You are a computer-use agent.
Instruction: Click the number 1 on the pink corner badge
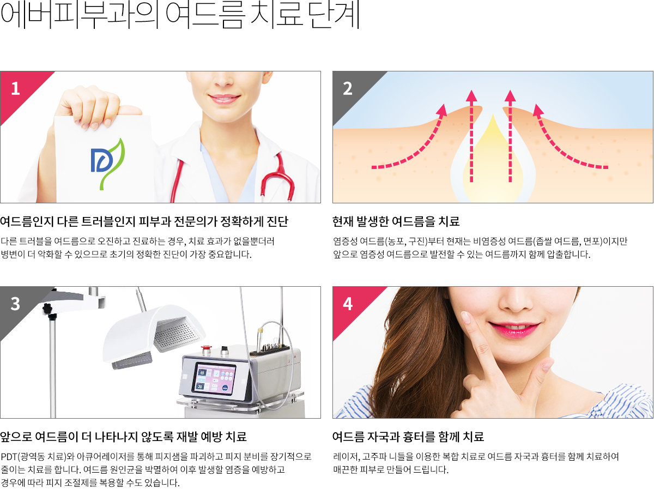pyautogui.click(x=15, y=88)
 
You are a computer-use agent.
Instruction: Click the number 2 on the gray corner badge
pyautogui.click(x=347, y=88)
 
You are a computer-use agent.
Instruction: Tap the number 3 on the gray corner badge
pyautogui.click(x=15, y=304)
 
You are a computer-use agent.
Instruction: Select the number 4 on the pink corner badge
pyautogui.click(x=348, y=304)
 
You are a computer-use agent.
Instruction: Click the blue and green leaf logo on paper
pyautogui.click(x=107, y=164)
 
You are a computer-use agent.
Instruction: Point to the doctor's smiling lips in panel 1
pyautogui.click(x=224, y=98)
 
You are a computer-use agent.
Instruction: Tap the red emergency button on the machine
pyautogui.click(x=205, y=348)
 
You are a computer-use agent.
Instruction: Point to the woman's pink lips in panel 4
pyautogui.click(x=514, y=329)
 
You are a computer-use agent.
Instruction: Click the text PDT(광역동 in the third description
pyautogui.click(x=23, y=456)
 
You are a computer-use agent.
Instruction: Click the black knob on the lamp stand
pyautogui.click(x=47, y=309)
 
